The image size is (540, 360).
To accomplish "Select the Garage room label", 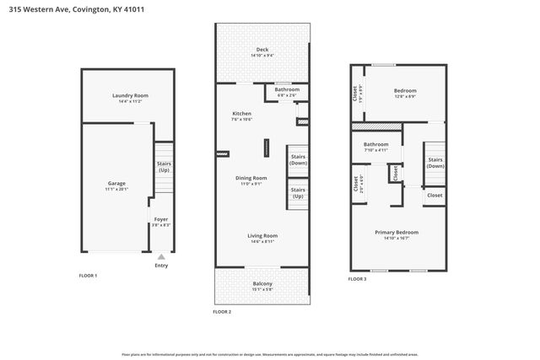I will tap(116, 185).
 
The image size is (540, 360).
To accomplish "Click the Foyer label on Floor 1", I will tap(160, 222).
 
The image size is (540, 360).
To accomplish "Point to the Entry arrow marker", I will tap(161, 255).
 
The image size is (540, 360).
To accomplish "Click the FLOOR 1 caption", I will tap(89, 276).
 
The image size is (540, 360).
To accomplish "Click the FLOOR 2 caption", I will tap(222, 312).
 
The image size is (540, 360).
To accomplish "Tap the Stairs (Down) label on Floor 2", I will tap(298, 159).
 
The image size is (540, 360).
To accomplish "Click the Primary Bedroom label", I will tap(395, 234).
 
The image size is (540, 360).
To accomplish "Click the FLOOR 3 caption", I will tap(358, 278).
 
